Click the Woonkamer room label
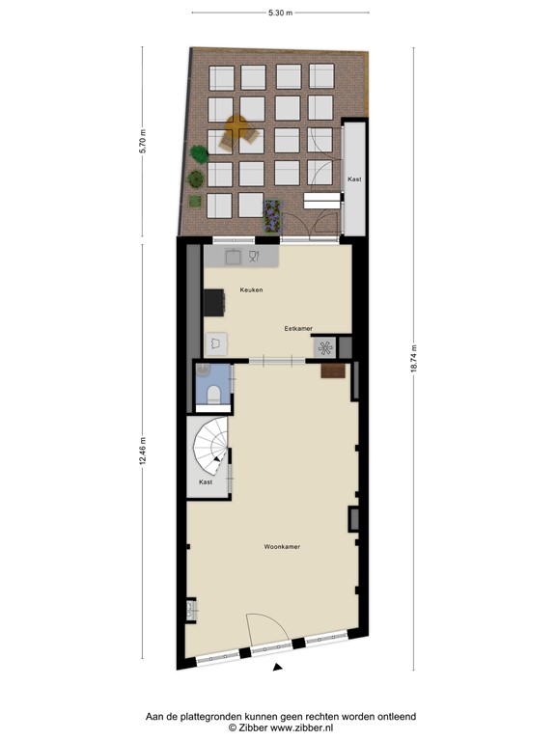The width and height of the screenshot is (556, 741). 282,547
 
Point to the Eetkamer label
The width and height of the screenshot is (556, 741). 298,328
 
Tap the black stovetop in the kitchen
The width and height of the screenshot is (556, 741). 213,303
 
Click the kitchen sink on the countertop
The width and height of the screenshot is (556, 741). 234,256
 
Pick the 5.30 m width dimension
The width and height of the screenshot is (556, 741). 280,13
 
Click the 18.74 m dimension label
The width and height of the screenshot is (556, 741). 413,359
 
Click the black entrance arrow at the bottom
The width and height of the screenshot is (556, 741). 278,667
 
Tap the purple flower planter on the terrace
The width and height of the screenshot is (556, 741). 272,217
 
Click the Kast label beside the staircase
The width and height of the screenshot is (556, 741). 206,481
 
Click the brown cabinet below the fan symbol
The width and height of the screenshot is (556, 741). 333,369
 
